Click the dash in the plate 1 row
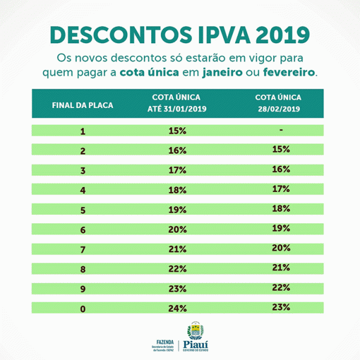pos(280,130)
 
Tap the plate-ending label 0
pos(83,308)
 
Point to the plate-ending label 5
pos(83,209)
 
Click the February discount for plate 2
pos(280,149)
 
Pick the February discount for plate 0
pos(280,307)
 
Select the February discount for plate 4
pos(280,189)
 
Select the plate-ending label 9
pos(83,289)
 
